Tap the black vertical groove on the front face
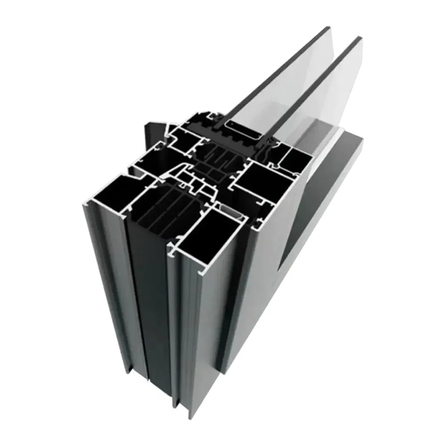149,312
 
